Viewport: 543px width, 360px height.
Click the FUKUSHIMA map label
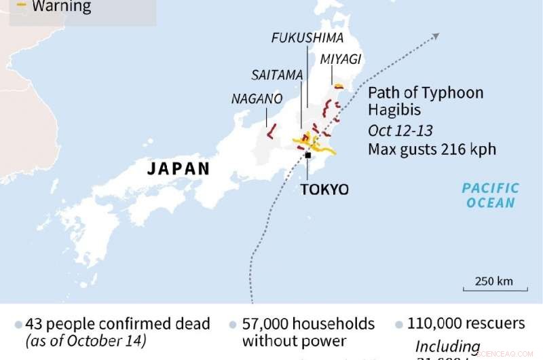(307, 37)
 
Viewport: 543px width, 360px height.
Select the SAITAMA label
(276, 75)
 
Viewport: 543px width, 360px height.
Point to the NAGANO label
(257, 98)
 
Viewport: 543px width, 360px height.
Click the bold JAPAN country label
(179, 168)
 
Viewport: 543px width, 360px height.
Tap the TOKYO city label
(324, 189)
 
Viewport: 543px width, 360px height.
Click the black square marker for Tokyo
(307, 156)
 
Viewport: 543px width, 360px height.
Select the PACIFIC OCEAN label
(490, 195)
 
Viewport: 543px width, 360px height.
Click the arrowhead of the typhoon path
(435, 36)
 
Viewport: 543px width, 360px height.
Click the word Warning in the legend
(61, 7)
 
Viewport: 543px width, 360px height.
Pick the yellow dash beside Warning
(21, 5)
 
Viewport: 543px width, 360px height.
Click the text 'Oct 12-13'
(400, 130)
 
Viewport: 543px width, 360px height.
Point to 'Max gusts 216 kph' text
(432, 149)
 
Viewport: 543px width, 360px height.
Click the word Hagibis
(395, 110)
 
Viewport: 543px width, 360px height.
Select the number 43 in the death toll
(34, 324)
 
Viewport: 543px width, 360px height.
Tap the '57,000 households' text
(309, 324)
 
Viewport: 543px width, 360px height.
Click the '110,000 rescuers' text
(466, 323)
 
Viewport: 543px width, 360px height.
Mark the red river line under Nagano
(271, 130)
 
